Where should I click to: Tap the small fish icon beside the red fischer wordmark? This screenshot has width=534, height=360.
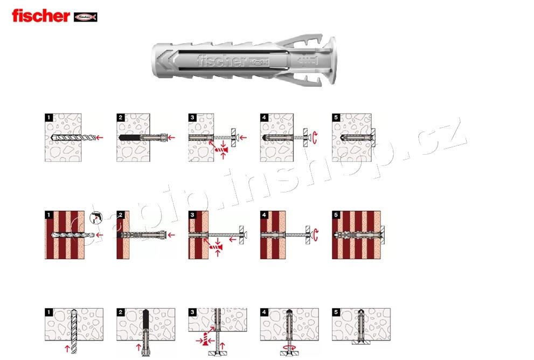click(x=85, y=17)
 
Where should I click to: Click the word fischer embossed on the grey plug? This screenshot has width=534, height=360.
click(x=221, y=61)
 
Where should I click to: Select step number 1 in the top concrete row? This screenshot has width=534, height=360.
click(x=48, y=117)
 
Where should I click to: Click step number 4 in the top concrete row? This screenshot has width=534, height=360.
click(x=264, y=117)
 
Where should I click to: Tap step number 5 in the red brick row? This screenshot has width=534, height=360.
click(x=336, y=215)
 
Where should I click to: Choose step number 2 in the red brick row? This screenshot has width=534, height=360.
click(x=121, y=215)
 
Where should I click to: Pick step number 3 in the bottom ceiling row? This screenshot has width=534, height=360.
click(x=192, y=312)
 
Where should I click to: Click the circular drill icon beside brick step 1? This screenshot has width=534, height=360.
click(x=95, y=219)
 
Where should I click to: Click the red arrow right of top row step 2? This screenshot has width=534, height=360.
click(x=171, y=138)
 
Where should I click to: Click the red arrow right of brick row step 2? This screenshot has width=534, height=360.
click(x=171, y=235)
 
